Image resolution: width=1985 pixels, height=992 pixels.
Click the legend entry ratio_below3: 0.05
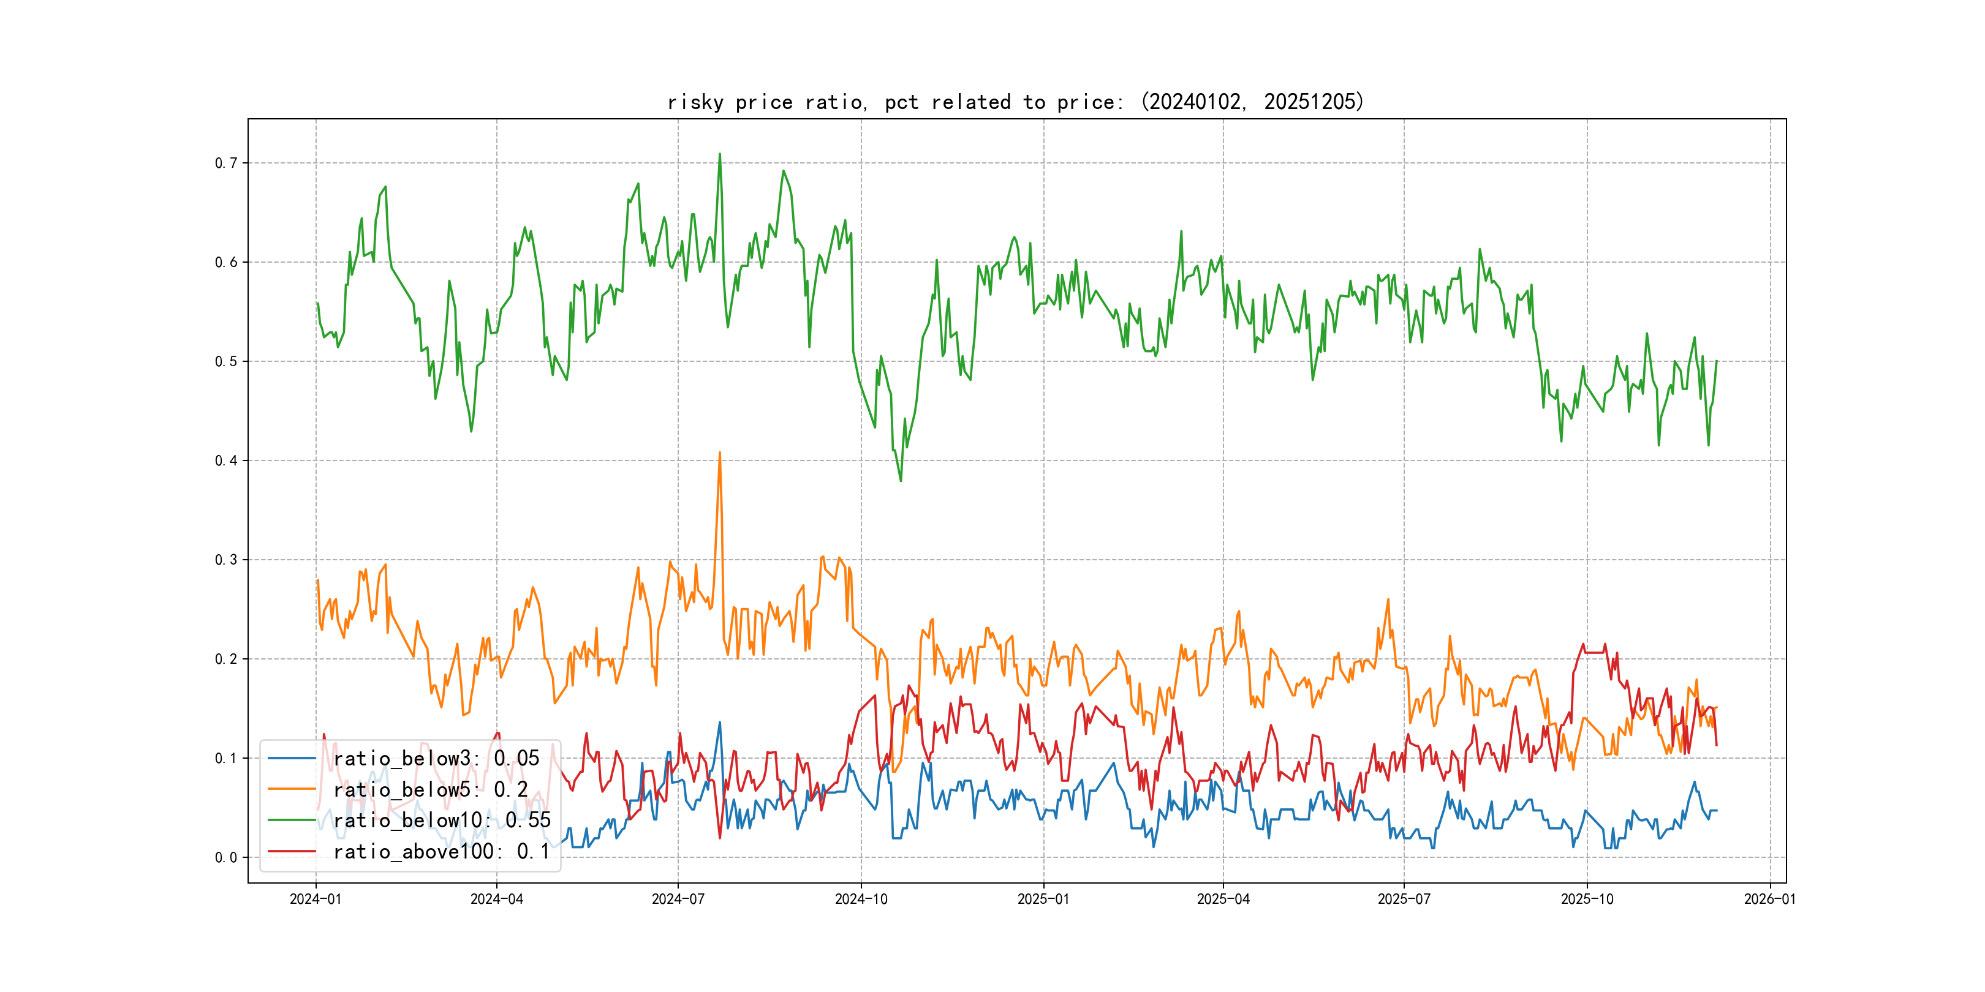coord(436,759)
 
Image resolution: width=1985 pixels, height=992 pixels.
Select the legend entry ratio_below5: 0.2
coord(430,789)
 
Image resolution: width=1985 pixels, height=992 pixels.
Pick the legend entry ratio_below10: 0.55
coord(442,821)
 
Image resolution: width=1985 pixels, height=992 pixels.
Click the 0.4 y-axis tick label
coord(226,460)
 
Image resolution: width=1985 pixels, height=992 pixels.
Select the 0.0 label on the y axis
coord(226,857)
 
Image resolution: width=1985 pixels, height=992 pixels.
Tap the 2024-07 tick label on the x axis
coord(678,899)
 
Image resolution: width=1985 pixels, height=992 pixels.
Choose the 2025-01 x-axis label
coord(1043,899)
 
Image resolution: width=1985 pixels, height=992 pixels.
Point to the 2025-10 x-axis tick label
coord(1587,899)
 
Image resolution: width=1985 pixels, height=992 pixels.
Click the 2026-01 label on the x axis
coord(1770,899)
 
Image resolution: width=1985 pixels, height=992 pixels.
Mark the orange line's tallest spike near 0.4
coord(720,453)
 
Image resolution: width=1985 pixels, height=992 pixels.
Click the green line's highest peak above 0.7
coord(720,154)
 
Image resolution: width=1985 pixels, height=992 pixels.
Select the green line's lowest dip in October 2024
coord(901,481)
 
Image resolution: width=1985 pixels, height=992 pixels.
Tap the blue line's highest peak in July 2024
coord(720,723)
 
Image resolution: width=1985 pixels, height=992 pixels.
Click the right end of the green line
coord(1717,361)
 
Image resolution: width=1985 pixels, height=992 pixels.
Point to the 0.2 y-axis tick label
coord(226,659)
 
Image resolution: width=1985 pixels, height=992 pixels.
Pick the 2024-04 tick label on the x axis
coord(497,899)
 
